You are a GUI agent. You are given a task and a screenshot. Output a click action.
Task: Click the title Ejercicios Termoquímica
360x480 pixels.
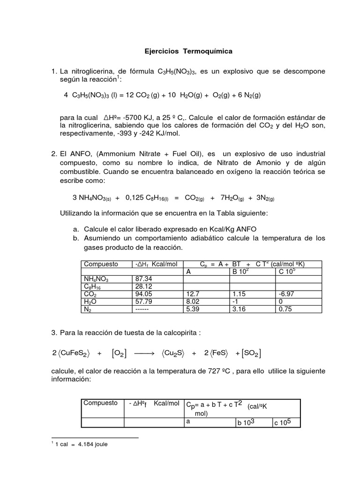tap(187, 50)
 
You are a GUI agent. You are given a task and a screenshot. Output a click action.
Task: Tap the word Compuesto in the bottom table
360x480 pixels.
tap(100, 403)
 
